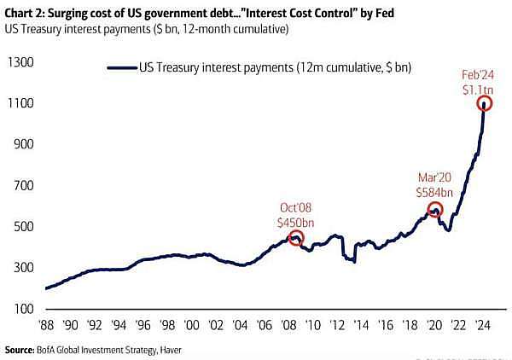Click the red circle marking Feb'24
[485, 103]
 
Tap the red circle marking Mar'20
[434, 209]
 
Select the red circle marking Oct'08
[296, 238]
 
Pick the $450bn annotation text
[296, 222]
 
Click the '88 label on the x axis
[48, 327]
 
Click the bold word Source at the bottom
[21, 350]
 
